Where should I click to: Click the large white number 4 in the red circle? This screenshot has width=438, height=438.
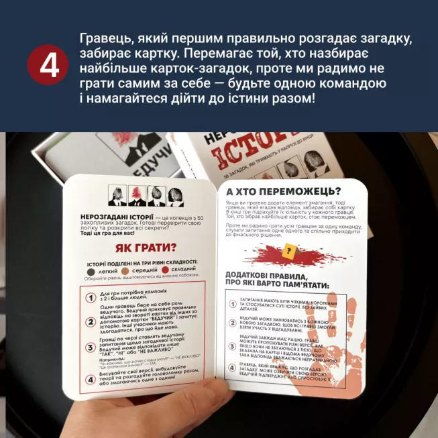[x=48, y=66]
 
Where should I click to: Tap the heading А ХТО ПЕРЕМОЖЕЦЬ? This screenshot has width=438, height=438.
[x=284, y=190]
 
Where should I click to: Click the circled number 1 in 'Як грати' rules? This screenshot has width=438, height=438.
[x=91, y=297]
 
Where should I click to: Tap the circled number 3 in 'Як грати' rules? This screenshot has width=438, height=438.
[x=91, y=348]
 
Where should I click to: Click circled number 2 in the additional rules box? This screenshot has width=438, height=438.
[x=232, y=324]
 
